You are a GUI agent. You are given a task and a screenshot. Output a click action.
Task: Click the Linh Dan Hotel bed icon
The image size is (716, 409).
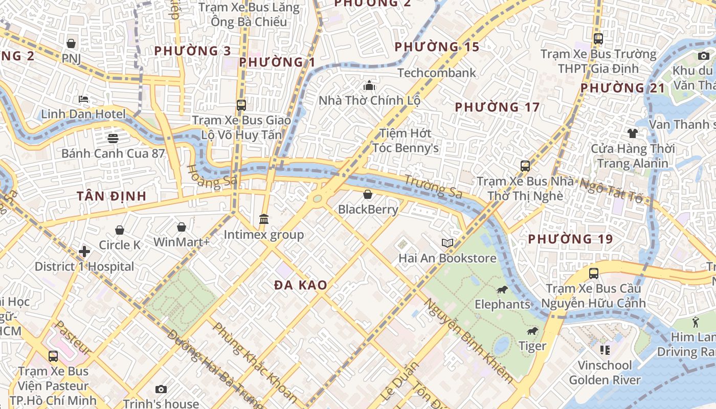click(x=83, y=99)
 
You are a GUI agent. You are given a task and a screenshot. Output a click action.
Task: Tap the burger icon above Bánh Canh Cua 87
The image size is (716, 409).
click(x=113, y=138)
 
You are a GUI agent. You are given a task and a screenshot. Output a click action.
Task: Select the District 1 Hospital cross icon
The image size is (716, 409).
click(x=84, y=252)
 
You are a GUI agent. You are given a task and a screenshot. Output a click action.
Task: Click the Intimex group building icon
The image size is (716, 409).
click(x=264, y=219)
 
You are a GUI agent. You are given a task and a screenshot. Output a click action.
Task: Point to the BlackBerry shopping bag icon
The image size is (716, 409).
click(x=367, y=194)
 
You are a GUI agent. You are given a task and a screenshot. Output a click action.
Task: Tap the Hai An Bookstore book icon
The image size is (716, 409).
click(x=447, y=243)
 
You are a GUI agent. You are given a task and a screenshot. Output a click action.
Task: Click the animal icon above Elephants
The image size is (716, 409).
click(x=502, y=290)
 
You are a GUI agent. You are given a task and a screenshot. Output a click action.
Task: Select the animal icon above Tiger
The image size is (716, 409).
click(x=532, y=331)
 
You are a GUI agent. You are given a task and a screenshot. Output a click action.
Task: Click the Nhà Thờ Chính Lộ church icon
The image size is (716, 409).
click(x=369, y=85)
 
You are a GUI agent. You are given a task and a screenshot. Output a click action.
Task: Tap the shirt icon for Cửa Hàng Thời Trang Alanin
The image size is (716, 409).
click(x=633, y=133)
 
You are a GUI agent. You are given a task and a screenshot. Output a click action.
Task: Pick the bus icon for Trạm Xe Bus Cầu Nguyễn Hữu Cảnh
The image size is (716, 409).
click(x=593, y=274)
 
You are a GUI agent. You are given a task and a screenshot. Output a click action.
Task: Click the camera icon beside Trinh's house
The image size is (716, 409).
click(x=161, y=390)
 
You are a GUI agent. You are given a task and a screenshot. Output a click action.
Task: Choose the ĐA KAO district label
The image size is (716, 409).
click(x=300, y=285)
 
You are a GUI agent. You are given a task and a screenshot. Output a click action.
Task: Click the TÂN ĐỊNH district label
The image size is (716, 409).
click(x=111, y=196)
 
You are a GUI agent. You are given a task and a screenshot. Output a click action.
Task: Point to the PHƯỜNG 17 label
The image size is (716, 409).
click(x=497, y=107)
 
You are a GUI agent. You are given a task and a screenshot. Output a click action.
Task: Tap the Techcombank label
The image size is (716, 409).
click(x=436, y=73)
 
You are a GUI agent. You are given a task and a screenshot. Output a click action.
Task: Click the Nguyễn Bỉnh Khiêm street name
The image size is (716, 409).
click(x=468, y=340)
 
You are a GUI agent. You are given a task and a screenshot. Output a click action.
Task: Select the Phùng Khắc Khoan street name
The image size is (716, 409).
click(x=254, y=361)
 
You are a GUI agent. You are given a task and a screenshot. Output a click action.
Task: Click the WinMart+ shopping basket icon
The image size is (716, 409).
click(x=181, y=227)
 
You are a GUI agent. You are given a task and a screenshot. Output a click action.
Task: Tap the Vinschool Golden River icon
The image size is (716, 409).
click(x=605, y=350)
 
